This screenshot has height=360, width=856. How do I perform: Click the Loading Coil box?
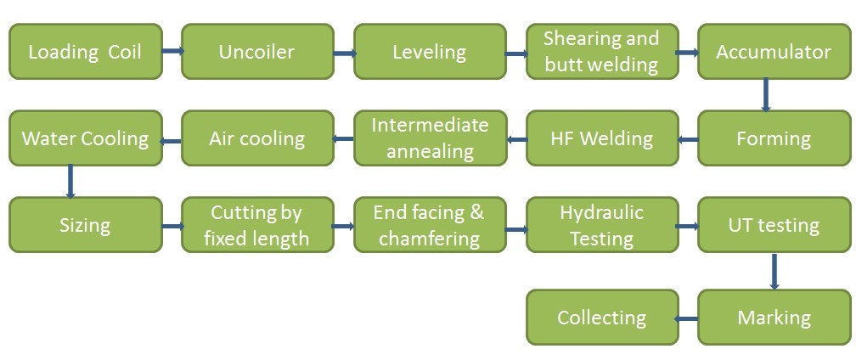(x=85, y=52)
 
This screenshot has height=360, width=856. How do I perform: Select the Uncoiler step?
(x=256, y=52)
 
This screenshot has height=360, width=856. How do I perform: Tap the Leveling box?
(x=429, y=52)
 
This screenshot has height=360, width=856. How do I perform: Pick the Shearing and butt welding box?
(x=601, y=52)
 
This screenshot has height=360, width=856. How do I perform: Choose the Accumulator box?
(x=774, y=52)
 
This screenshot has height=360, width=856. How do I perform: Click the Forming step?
(x=774, y=138)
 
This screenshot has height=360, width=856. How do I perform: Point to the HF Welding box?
(x=601, y=138)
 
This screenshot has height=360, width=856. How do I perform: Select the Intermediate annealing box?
(x=429, y=138)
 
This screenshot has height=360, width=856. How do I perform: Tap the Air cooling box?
(x=256, y=138)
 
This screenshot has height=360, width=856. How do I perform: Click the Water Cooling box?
(x=85, y=138)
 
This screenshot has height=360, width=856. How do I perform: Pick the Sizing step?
(x=85, y=225)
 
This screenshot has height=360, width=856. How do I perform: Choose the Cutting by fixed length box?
(x=256, y=225)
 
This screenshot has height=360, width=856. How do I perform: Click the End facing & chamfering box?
(x=429, y=225)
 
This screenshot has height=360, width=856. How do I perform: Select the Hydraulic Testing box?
(x=601, y=225)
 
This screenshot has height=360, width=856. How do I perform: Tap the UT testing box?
(x=774, y=225)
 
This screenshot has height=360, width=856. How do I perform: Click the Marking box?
(x=774, y=318)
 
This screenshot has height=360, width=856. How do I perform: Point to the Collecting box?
(x=601, y=318)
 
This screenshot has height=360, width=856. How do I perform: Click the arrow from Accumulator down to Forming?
(x=766, y=95)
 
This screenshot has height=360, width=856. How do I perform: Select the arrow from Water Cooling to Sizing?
(x=70, y=182)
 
